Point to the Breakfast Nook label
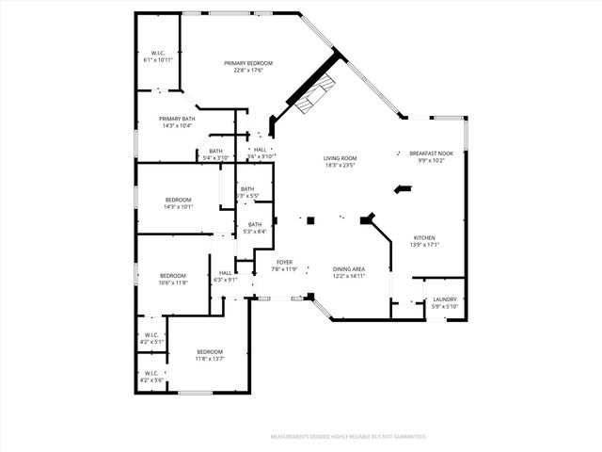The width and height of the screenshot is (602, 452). tap(431, 153)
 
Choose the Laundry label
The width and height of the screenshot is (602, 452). tap(445, 299)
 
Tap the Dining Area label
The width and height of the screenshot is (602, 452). tap(348, 269)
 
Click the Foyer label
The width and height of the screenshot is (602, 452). tap(284, 262)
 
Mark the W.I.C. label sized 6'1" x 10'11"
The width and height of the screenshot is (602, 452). tap(158, 53)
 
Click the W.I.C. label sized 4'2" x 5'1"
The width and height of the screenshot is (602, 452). tap(150, 334)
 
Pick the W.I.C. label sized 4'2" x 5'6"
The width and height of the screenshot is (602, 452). tap(150, 374)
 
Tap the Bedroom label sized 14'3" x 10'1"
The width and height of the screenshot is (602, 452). tap(179, 200)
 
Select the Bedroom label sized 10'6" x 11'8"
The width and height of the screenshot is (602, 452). tap(173, 276)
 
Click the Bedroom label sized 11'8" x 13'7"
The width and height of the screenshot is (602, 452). tap(209, 351)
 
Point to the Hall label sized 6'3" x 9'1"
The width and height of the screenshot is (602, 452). tap(226, 273)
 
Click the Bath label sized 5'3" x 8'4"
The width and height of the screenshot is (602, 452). tap(255, 224)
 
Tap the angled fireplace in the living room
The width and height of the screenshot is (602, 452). tap(314, 94)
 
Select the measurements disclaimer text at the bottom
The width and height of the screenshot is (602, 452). tap(348, 437)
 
